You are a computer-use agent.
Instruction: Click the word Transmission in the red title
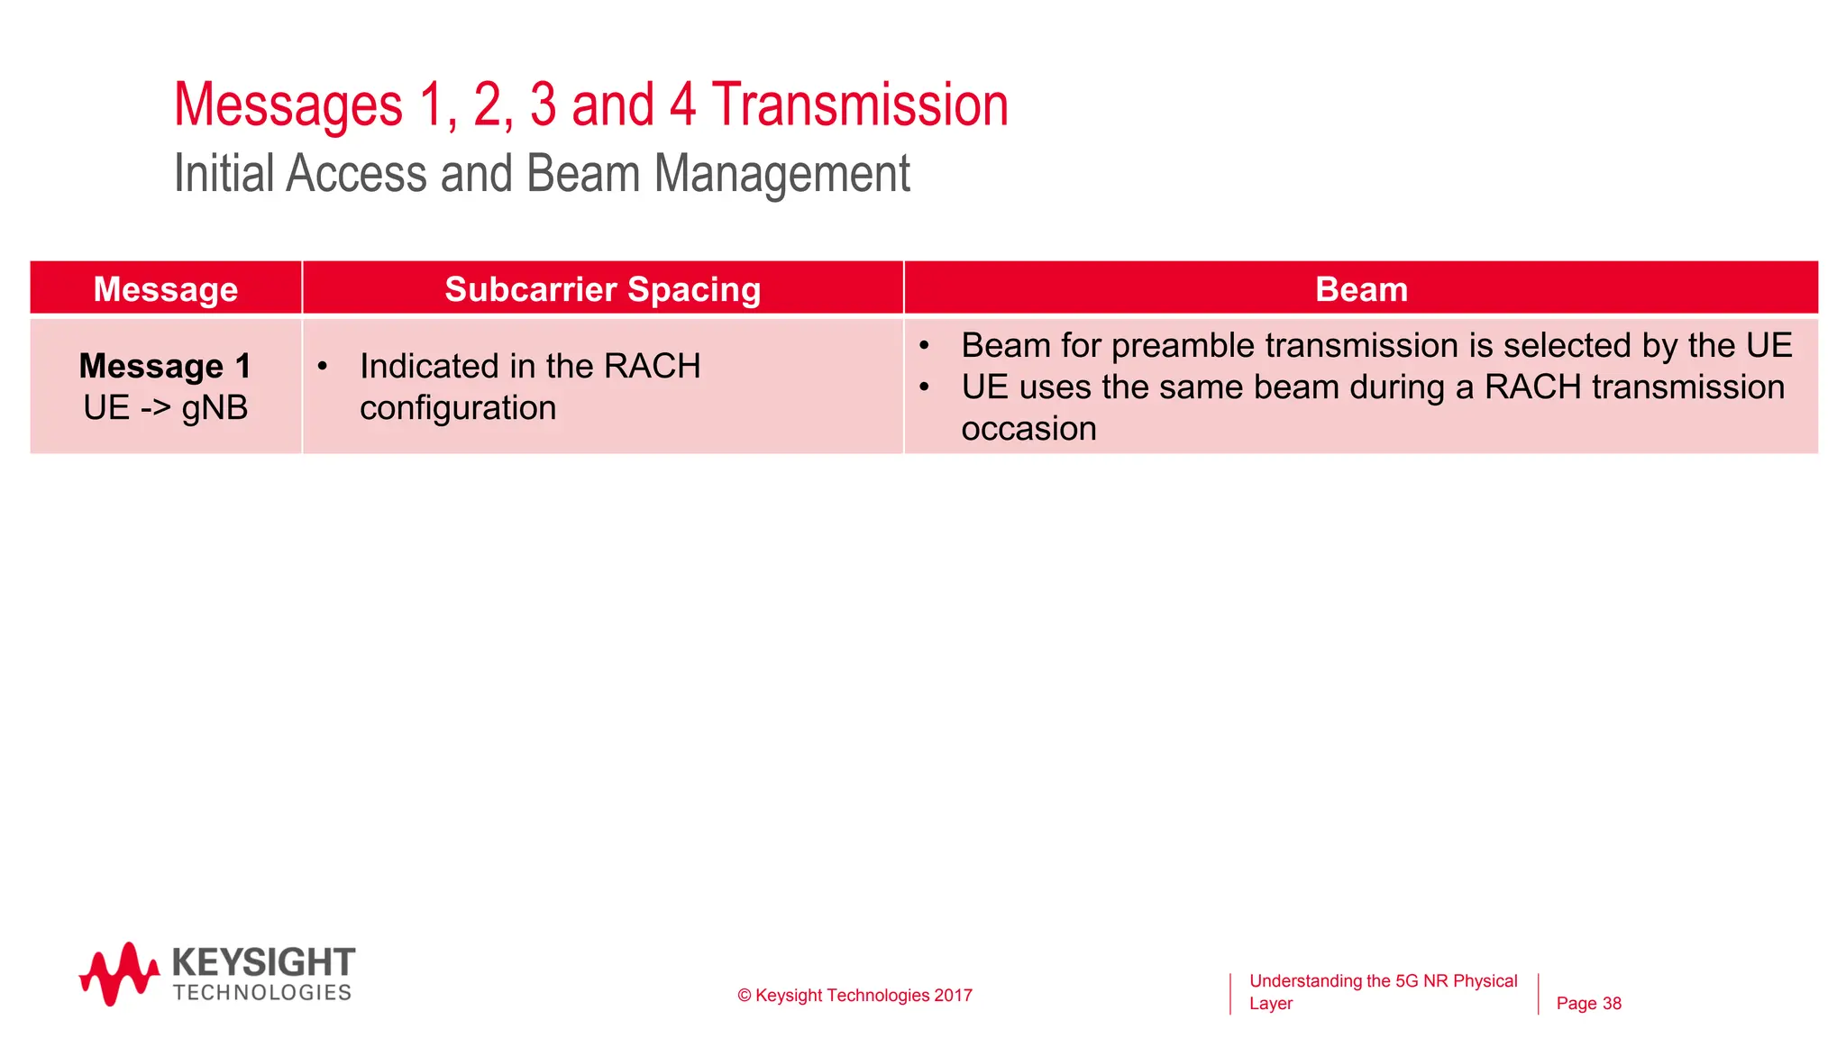tap(860, 105)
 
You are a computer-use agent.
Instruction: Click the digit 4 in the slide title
tap(682, 105)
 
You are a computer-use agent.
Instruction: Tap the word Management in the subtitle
tap(781, 174)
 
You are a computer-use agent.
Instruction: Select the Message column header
tap(166, 289)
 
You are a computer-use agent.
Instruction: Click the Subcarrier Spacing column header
tap(602, 289)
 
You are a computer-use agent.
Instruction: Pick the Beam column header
tap(1361, 289)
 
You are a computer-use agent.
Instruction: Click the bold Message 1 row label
tap(165, 366)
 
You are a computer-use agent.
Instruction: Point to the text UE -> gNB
tap(165, 408)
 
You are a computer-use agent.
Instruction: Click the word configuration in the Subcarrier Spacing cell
tap(458, 408)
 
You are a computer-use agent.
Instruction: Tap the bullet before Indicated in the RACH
tap(322, 367)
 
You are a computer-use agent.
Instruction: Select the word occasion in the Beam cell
tap(1028, 429)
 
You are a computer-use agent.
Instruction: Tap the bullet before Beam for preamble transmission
tap(924, 346)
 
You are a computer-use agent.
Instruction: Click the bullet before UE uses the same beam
tap(924, 387)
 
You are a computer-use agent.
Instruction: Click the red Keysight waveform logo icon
tap(119, 974)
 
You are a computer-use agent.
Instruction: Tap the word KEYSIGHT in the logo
tap(263, 962)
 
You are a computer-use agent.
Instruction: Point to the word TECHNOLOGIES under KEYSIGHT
tap(262, 993)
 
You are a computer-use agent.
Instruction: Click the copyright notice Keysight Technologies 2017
tap(854, 996)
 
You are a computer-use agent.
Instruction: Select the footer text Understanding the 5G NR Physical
tap(1383, 981)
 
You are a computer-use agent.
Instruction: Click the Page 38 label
tap(1588, 1004)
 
